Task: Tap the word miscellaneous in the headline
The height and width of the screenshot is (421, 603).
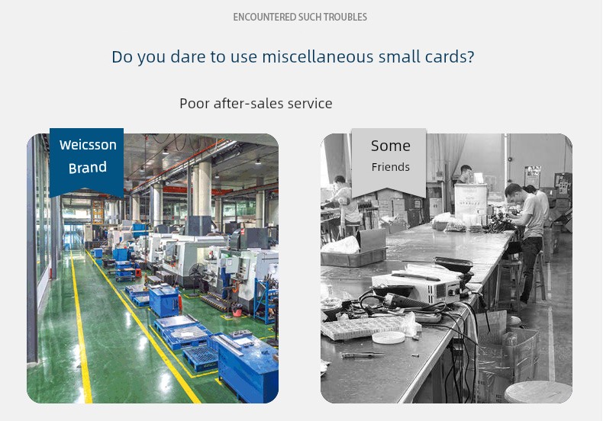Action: pyautogui.click(x=318, y=56)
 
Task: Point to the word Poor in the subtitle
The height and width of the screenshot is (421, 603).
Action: pyautogui.click(x=194, y=103)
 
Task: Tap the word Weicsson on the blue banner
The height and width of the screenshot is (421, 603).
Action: pyautogui.click(x=88, y=145)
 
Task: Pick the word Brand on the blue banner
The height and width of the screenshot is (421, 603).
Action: pyautogui.click(x=88, y=168)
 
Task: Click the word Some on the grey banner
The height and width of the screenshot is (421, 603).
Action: pyautogui.click(x=391, y=146)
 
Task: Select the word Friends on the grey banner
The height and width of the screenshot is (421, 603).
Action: pyautogui.click(x=390, y=167)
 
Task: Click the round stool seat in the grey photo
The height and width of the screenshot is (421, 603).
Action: pyautogui.click(x=537, y=392)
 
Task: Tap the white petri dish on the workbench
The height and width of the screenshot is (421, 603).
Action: pyautogui.click(x=389, y=337)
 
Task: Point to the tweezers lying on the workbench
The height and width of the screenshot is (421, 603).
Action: pyautogui.click(x=363, y=355)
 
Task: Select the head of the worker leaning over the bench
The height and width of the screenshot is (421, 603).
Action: pyautogui.click(x=514, y=191)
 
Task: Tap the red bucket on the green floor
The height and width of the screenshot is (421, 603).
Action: pyautogui.click(x=237, y=309)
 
